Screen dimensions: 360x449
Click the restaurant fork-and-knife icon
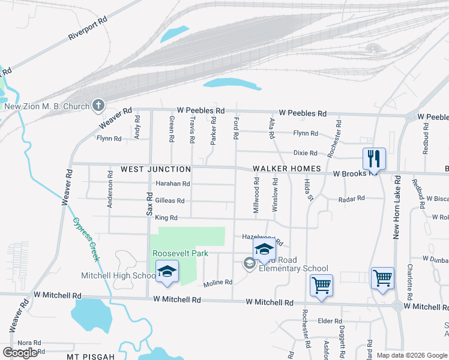click(x=373, y=159)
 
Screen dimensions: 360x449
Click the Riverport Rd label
click(x=88, y=28)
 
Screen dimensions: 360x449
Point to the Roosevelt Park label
click(x=180, y=253)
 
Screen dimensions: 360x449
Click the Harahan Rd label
click(x=173, y=184)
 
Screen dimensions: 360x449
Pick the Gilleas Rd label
click(x=169, y=201)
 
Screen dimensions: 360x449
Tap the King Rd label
click(x=166, y=218)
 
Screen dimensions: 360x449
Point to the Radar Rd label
click(x=351, y=199)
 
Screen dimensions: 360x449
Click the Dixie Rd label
click(x=305, y=153)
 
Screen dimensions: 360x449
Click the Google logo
click(x=20, y=353)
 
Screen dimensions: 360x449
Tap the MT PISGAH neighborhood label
click(x=90, y=356)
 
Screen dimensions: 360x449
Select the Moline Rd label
click(x=218, y=283)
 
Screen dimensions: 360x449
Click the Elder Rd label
click(x=330, y=321)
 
